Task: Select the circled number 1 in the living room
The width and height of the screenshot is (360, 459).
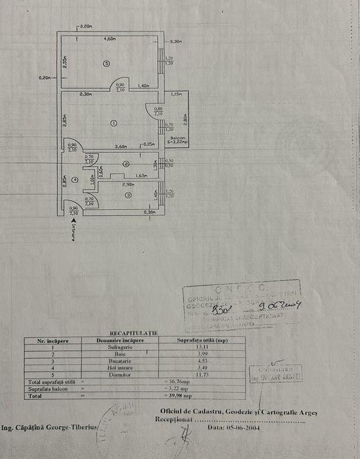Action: point(113,123)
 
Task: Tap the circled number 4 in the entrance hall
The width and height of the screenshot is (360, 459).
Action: point(75,179)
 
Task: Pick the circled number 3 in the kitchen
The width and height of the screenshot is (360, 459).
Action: point(128,195)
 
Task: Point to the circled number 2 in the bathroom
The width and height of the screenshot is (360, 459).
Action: point(126,164)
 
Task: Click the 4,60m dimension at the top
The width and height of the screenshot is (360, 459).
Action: point(110,39)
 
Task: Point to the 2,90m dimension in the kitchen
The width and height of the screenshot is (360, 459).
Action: point(128,185)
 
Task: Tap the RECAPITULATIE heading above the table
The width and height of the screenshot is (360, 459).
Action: point(134,333)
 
